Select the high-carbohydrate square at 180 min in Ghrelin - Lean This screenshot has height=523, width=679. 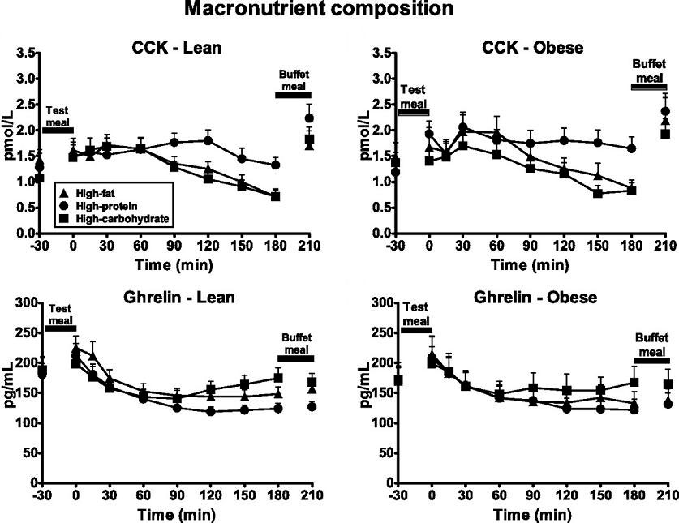pos(278,378)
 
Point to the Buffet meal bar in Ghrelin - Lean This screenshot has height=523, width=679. pos(295,358)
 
